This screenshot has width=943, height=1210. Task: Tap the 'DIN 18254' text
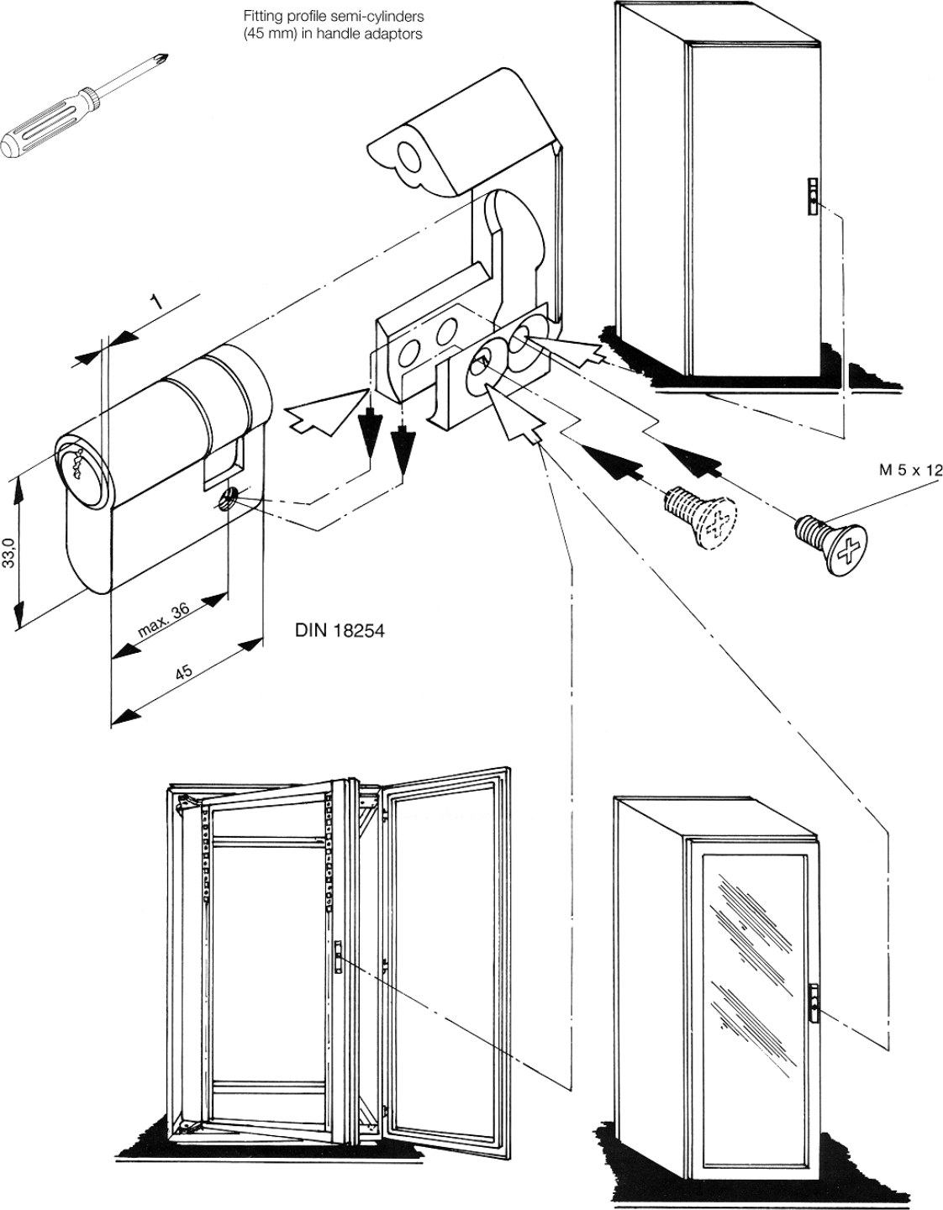(x=340, y=630)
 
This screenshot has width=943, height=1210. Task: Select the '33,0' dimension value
(x=8, y=552)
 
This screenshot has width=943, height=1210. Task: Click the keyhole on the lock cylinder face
(x=74, y=462)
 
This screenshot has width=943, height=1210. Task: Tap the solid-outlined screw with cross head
(x=832, y=544)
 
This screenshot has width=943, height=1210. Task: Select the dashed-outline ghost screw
(x=699, y=517)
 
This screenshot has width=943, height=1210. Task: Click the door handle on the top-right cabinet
(x=813, y=194)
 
